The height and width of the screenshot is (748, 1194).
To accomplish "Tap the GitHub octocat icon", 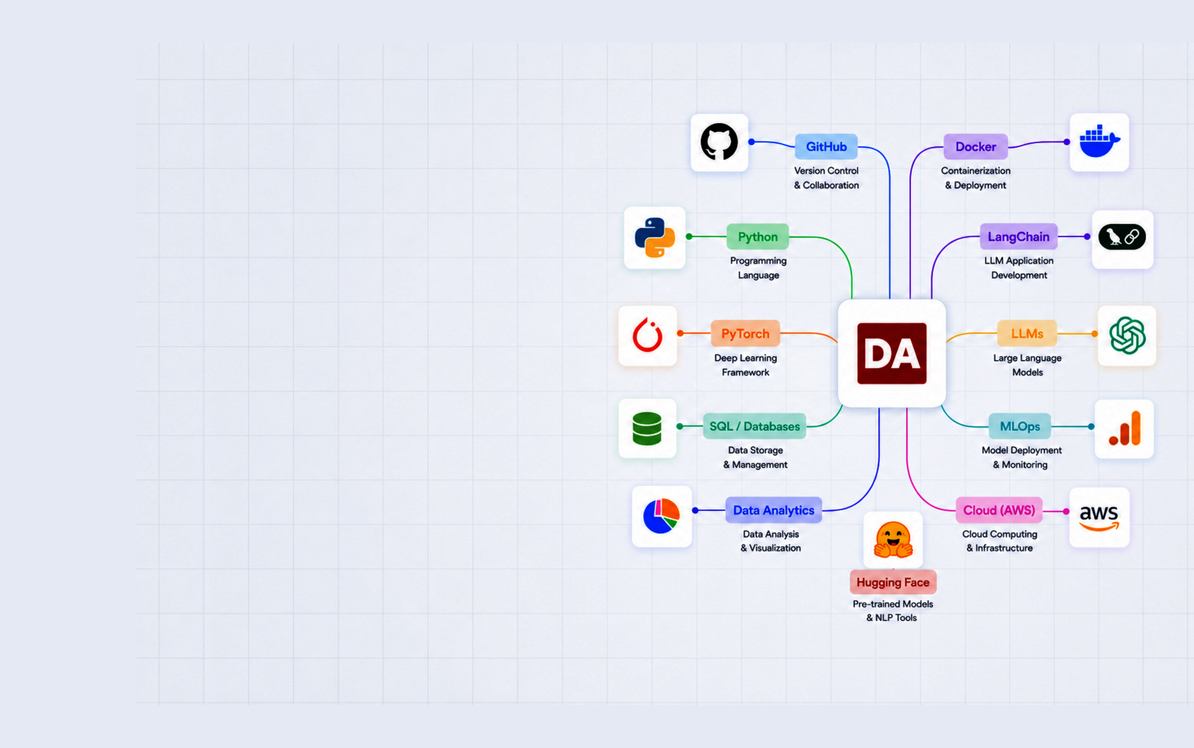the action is (x=719, y=142).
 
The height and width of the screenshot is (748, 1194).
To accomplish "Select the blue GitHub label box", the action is (x=826, y=146).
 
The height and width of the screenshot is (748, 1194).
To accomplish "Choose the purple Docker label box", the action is (x=975, y=146).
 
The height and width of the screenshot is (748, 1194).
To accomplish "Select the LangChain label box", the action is (x=1018, y=237).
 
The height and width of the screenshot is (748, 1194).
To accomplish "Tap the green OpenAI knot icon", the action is (x=1127, y=335).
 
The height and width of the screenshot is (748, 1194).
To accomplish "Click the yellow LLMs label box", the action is (x=1027, y=333).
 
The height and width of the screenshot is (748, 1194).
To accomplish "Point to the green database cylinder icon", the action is (x=647, y=428).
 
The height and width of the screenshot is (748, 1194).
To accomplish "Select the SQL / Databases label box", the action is (x=754, y=426).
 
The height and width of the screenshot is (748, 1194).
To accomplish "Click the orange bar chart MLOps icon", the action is (x=1125, y=428).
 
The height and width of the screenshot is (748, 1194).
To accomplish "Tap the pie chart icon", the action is (x=661, y=516).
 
